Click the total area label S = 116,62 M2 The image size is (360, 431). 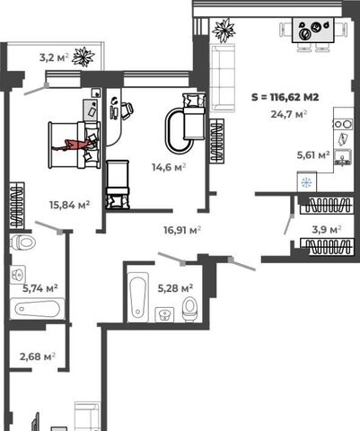[x=285, y=97]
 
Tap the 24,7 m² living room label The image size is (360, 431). [x=289, y=114]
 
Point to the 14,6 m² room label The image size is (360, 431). [x=169, y=167]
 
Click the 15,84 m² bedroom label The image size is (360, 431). [x=70, y=205]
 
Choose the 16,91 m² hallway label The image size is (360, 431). [x=182, y=230]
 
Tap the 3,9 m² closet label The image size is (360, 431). [x=327, y=230]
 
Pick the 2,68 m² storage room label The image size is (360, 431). [x=38, y=356]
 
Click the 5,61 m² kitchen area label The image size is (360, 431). [x=313, y=154]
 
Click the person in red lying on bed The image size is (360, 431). [x=74, y=145]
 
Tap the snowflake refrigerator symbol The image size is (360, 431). [x=306, y=182]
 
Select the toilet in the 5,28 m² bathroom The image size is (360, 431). [x=189, y=308]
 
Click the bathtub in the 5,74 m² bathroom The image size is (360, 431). [x=38, y=309]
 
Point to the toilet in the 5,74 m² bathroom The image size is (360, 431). [x=22, y=242]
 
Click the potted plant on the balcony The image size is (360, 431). [x=83, y=57]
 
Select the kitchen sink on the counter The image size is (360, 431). [x=343, y=157]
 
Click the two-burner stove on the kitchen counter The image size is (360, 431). [x=343, y=124]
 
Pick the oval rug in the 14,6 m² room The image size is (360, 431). [x=180, y=131]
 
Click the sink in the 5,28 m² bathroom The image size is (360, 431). [x=164, y=314]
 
